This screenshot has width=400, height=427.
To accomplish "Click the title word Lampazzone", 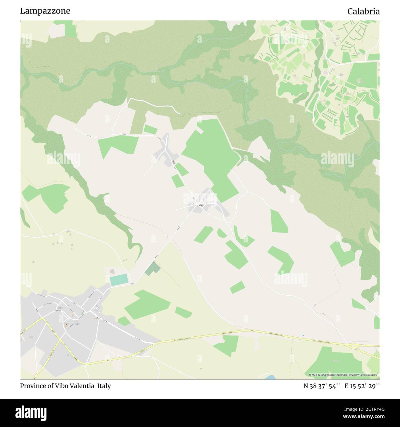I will coord(45,11).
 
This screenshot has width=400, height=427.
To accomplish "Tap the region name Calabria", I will coord(363,11).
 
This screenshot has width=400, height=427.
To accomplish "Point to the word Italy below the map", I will coord(104,386).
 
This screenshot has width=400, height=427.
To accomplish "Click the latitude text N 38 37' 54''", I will coord(321,386).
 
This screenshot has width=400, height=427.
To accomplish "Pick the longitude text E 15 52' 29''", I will coord(362,386).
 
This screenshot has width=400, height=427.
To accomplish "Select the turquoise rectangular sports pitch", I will coord(119,280).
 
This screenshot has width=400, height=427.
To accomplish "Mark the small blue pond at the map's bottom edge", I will coord(270,377).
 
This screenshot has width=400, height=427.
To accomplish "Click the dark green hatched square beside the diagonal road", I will coord(153,268).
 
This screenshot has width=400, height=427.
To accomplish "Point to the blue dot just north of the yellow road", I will coord(303,335).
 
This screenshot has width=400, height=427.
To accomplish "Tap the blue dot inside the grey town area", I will coord(68,355).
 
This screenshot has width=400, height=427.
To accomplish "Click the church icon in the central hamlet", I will coord(202,205).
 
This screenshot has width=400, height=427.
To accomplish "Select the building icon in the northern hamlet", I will coord(173,162).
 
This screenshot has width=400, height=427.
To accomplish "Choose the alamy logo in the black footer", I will coord(31,413).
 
